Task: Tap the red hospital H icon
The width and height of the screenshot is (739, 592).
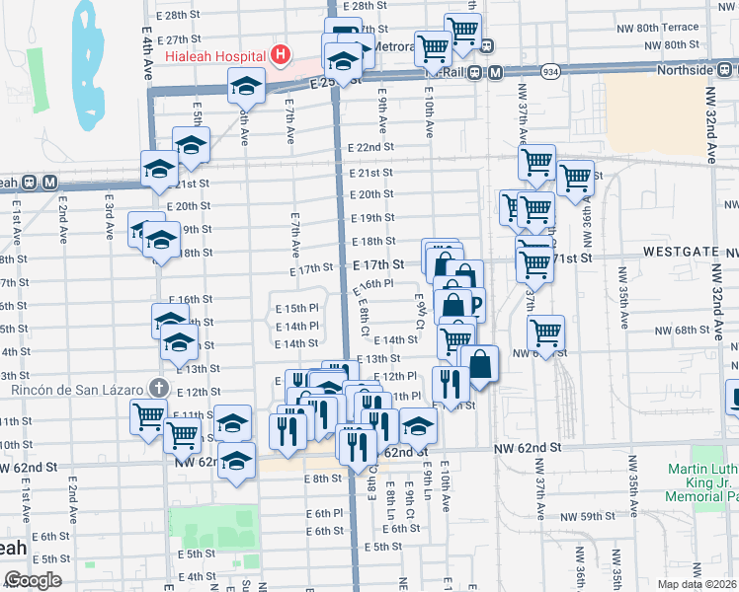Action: pos(281,53)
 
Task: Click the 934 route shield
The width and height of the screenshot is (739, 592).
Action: pos(550,71)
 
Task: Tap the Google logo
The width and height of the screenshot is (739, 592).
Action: pos(33,580)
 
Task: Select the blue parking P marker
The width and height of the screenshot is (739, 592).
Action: pos(475,305)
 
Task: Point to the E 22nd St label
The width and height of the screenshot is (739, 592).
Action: pos(370,147)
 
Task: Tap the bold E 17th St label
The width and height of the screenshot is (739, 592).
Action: pos(380,264)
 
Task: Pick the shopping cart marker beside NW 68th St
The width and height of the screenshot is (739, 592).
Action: pos(544,333)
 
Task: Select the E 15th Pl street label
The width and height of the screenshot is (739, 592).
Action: pos(297,308)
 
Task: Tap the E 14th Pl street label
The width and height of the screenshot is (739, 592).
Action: pos(297,326)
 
